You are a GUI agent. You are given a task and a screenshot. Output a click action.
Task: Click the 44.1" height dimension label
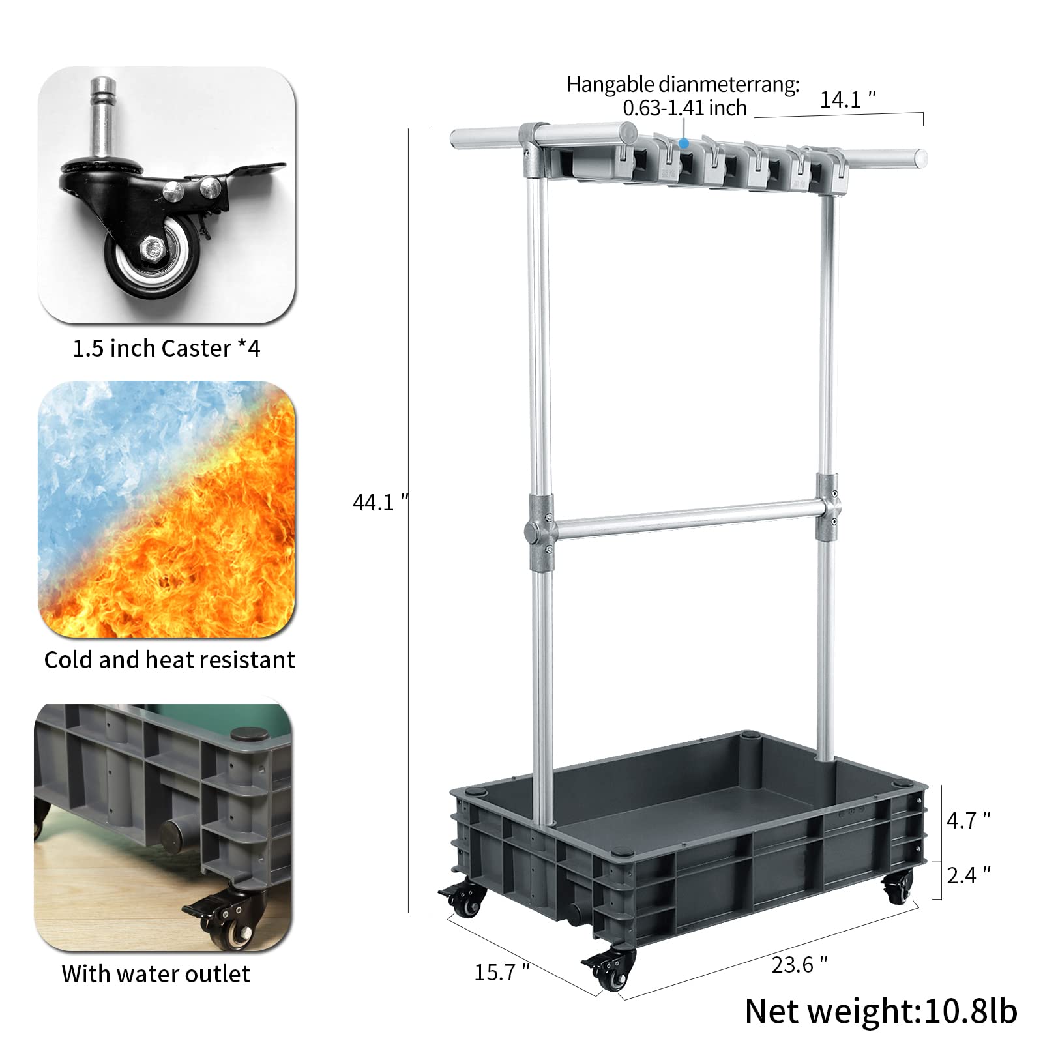pos(379,503)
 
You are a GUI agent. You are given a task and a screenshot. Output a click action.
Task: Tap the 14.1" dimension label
pos(847,100)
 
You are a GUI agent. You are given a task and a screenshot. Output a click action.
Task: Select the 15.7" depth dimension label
pos(501,972)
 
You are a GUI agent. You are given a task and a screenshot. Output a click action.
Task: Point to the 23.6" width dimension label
pos(799,964)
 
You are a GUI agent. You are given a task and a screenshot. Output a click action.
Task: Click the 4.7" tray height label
pos(968,820)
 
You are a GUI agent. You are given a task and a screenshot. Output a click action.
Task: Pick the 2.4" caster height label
pos(968,875)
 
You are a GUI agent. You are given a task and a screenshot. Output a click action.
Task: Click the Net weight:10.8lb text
pos(880,1011)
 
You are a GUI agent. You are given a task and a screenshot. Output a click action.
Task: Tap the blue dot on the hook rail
pos(683,142)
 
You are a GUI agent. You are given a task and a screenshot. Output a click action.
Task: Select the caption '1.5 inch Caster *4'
pos(166,349)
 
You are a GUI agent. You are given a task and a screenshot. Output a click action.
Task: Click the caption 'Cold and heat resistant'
pos(169,660)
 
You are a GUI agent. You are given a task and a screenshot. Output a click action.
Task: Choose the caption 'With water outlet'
pos(156,974)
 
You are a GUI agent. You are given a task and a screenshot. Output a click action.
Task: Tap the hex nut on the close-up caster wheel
pos(153,248)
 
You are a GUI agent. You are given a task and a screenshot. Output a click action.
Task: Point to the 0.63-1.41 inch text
pos(684,108)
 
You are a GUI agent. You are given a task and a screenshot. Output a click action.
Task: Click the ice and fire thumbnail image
pos(166,509)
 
